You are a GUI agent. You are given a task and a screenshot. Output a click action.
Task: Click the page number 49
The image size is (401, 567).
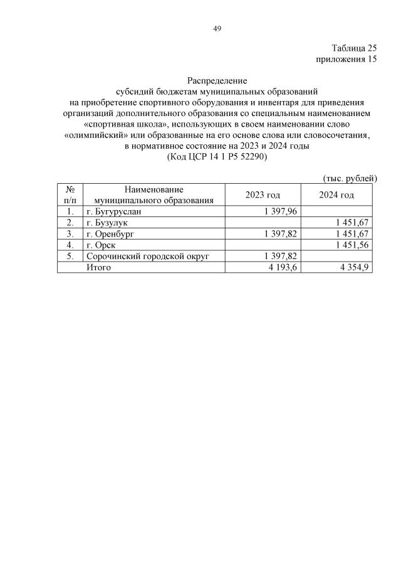click(217, 28)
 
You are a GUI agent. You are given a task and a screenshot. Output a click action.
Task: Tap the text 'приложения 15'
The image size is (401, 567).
click(346, 60)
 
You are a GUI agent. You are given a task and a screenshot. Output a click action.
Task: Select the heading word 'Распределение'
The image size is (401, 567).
click(217, 80)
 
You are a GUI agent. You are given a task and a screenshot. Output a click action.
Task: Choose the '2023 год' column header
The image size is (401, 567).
click(263, 195)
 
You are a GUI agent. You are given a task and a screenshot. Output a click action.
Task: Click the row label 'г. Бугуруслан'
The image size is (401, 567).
click(118, 211)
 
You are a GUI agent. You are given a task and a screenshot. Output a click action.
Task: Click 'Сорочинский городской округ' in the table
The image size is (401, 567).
click(147, 256)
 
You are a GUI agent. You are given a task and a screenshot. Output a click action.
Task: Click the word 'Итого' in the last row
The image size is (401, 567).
click(98, 267)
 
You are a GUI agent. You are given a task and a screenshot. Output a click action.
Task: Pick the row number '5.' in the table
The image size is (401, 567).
click(70, 256)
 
